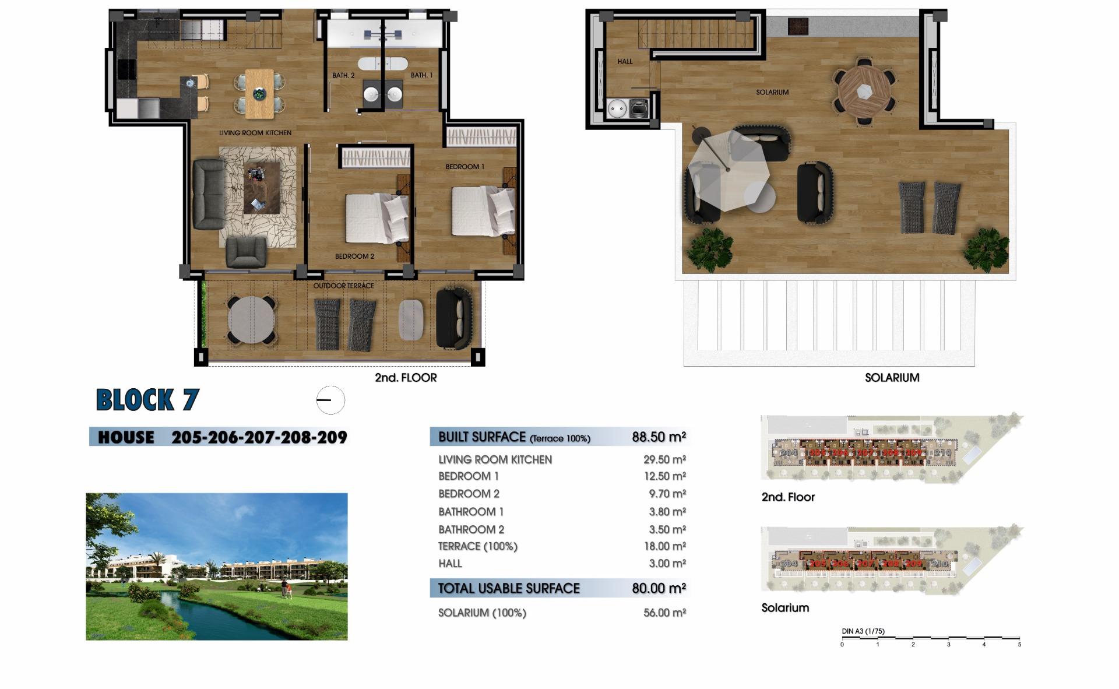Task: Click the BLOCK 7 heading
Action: tap(147, 400)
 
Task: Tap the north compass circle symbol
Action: tap(330, 400)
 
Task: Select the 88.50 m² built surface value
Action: tap(659, 437)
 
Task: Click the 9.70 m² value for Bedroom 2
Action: tap(667, 494)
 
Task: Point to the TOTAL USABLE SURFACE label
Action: tap(509, 588)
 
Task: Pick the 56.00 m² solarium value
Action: tap(664, 613)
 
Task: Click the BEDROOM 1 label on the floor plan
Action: tap(465, 167)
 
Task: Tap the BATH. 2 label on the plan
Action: tap(343, 75)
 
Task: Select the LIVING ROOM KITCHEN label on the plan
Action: tap(255, 133)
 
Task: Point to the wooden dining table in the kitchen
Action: tap(259, 93)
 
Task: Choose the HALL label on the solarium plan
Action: tap(625, 61)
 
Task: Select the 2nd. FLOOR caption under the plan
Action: tap(406, 378)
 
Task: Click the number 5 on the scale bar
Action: tap(1019, 644)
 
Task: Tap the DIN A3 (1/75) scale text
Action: tap(863, 631)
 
